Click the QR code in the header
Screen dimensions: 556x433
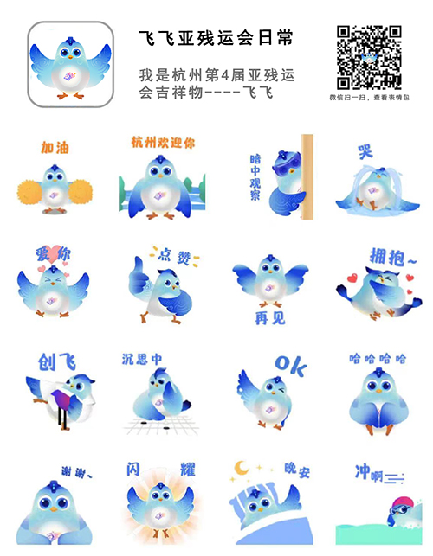pos(368,57)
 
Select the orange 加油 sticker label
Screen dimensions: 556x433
pos(55,148)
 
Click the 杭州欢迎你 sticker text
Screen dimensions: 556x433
pos(163,142)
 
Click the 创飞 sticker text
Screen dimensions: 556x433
pos(57,361)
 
